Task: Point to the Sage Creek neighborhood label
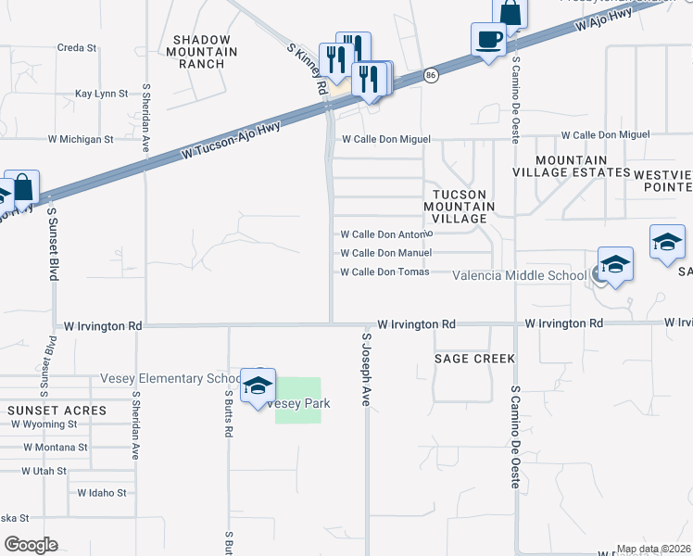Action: [473, 358]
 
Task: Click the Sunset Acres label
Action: [57, 410]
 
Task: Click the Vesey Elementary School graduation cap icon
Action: [258, 386]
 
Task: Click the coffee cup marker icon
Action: [488, 40]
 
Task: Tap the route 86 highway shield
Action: [431, 75]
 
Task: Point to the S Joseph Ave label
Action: [366, 371]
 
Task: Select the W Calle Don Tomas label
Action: [384, 272]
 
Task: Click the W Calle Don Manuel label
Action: [385, 253]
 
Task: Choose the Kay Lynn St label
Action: [101, 94]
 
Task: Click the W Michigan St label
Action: [81, 139]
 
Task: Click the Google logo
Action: [30, 545]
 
